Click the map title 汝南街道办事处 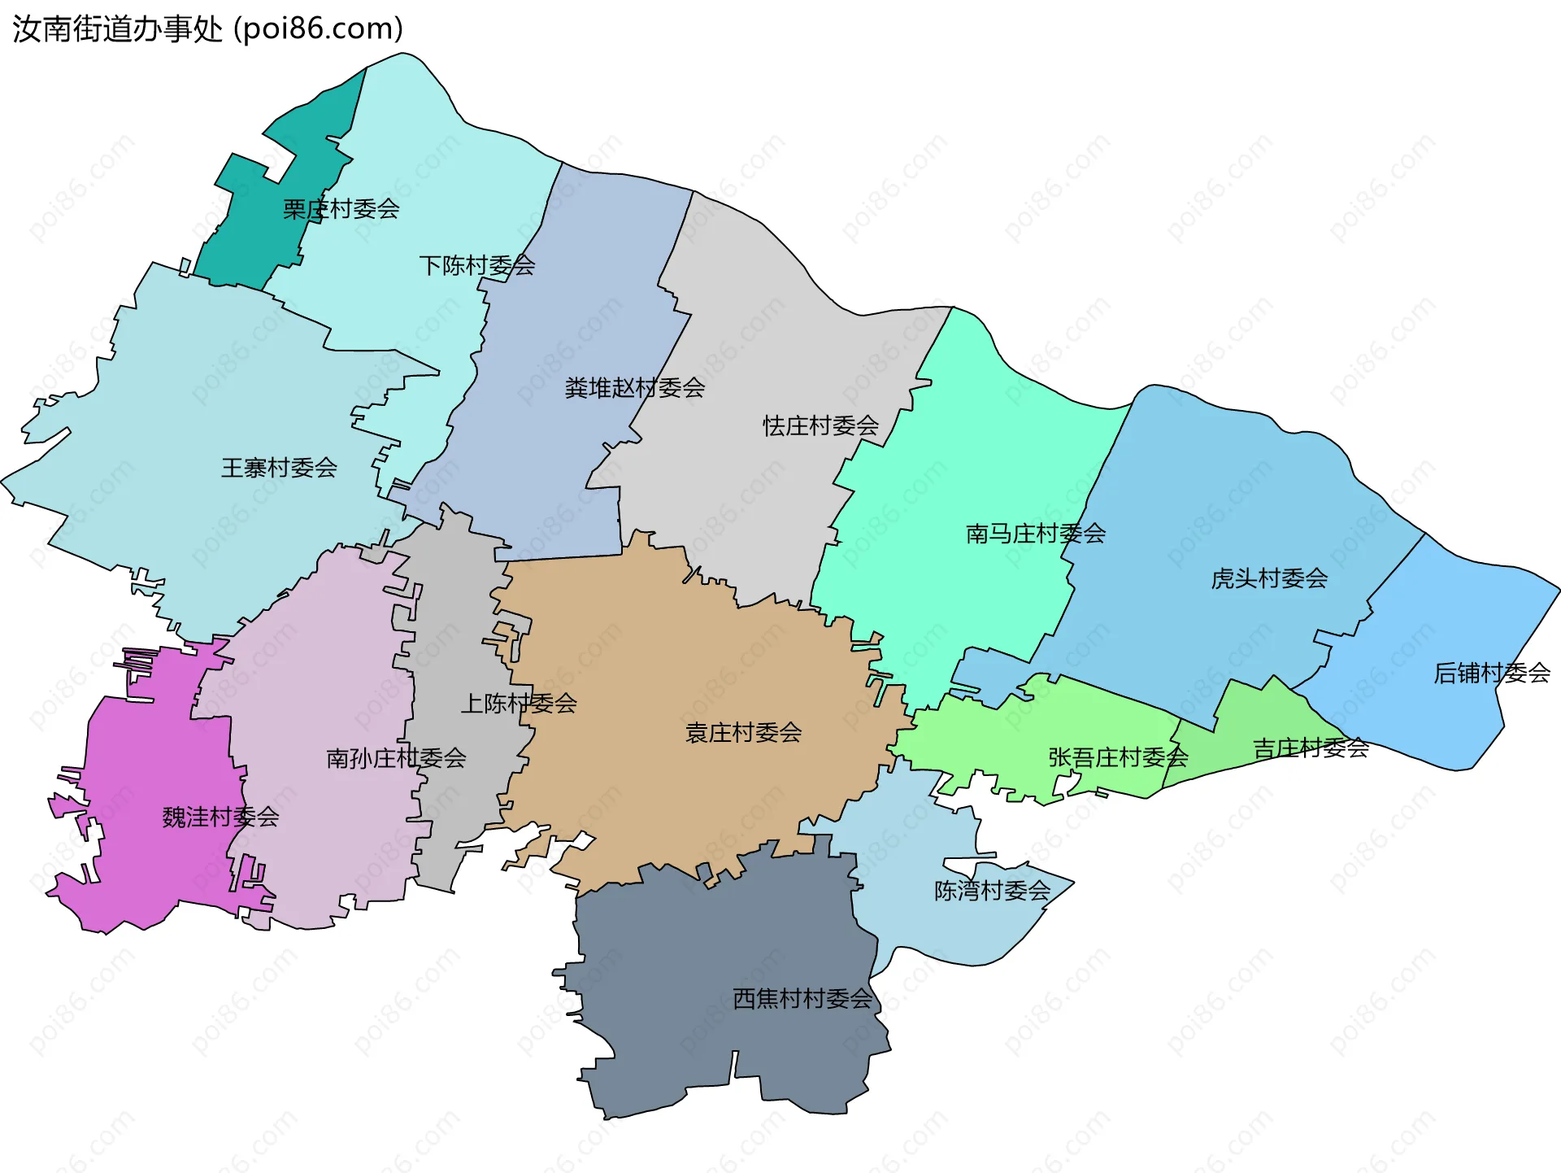click(117, 29)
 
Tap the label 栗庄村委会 click(341, 209)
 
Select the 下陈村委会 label click(476, 265)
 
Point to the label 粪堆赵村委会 click(634, 388)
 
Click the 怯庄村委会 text click(820, 425)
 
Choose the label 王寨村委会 click(279, 468)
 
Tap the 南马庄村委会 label click(1035, 534)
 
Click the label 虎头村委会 click(1268, 578)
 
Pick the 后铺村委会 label click(1491, 673)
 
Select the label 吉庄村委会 click(1311, 748)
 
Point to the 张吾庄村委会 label click(1118, 757)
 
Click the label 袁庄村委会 click(743, 733)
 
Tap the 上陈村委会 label click(519, 704)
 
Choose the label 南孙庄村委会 click(396, 758)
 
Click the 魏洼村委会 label click(220, 817)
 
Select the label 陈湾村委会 click(992, 891)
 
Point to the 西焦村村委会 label click(802, 998)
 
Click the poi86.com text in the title click(319, 29)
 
